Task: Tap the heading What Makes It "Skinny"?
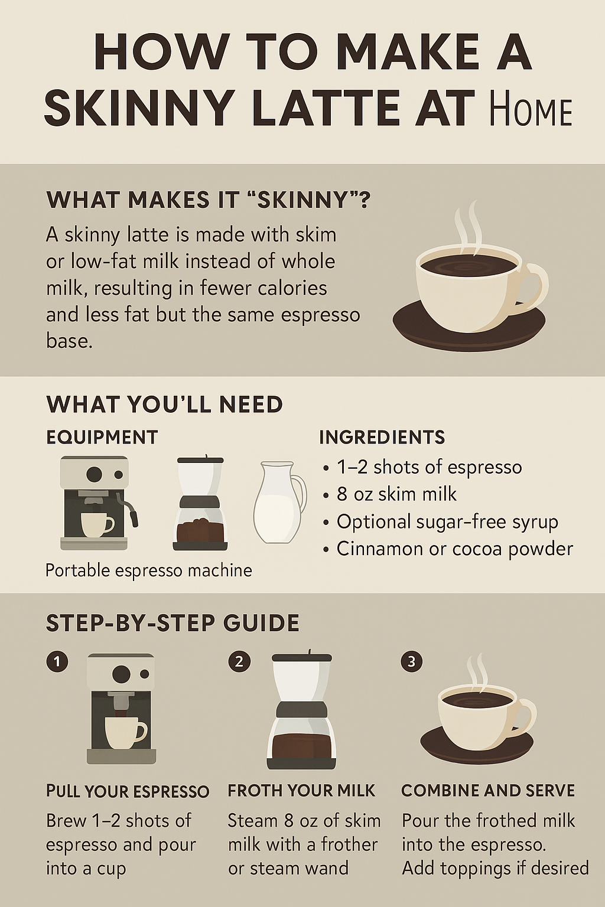click(208, 200)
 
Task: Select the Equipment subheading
click(102, 438)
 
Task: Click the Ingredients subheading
click(382, 438)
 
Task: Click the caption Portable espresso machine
click(149, 570)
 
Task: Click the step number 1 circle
click(57, 662)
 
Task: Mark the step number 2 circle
click(239, 662)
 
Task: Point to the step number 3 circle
click(412, 662)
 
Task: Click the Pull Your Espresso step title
click(128, 791)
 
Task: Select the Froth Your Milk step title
click(302, 791)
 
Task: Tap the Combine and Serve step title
click(488, 791)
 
